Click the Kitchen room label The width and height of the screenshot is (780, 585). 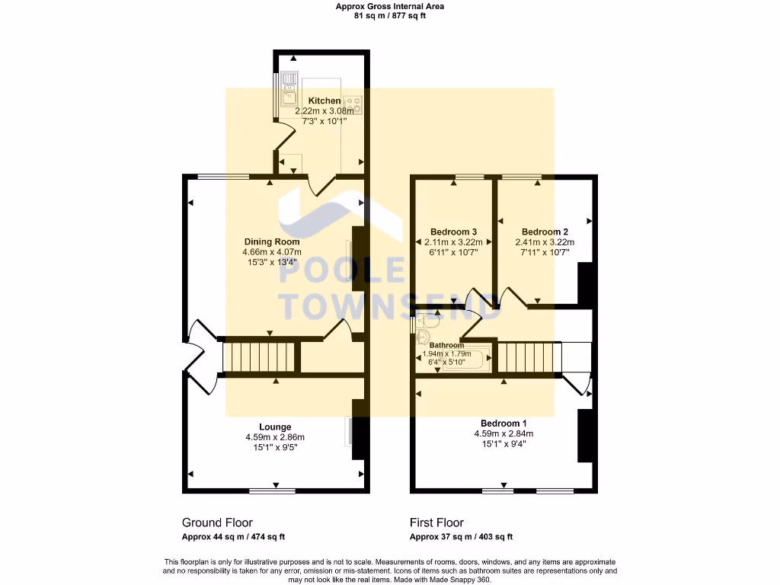(324, 101)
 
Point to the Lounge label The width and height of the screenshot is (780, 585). (275, 427)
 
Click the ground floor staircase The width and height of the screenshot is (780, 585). (258, 356)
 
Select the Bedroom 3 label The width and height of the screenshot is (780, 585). (453, 232)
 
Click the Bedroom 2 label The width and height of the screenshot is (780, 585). (545, 232)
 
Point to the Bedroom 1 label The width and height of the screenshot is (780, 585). (503, 424)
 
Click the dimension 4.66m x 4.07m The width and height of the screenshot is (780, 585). (272, 252)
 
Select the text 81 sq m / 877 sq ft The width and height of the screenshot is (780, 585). (390, 15)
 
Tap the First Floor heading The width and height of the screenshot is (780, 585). (436, 523)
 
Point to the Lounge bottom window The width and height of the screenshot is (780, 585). (272, 491)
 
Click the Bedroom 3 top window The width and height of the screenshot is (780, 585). (469, 177)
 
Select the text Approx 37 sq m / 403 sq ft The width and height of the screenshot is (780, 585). (461, 536)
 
